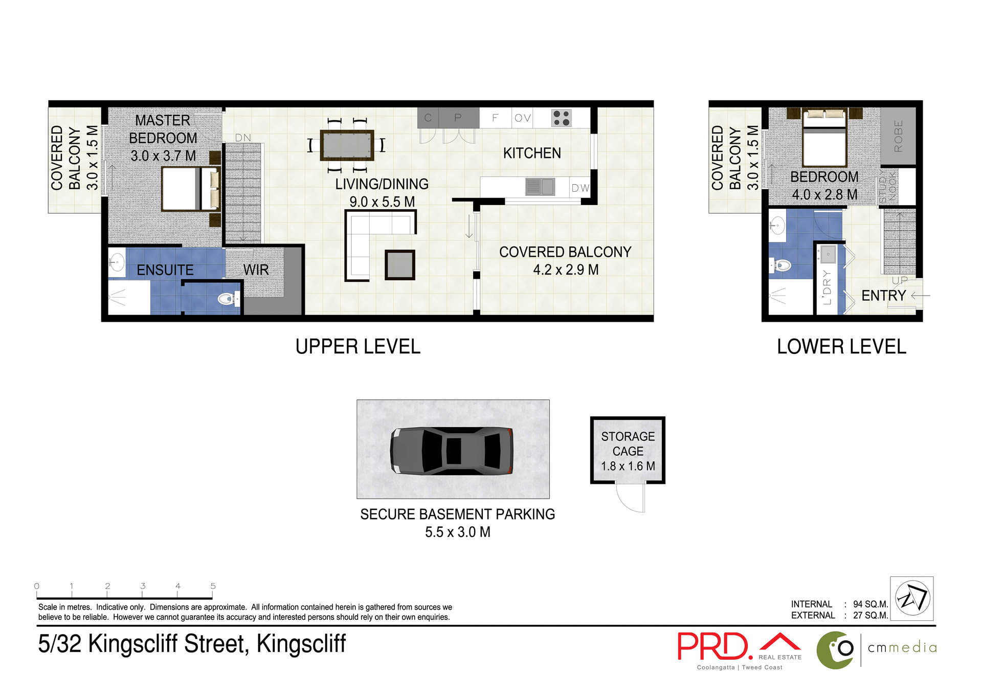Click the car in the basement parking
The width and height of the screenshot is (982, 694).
[x=452, y=451]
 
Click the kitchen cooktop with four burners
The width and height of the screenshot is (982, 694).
[x=561, y=118]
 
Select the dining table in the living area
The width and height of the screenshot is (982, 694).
[x=347, y=145]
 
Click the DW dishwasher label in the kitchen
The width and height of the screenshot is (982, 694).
[x=580, y=188]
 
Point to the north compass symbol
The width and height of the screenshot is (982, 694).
[x=912, y=598]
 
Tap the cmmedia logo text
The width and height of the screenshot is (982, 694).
[x=902, y=648]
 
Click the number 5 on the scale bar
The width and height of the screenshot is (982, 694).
[x=213, y=586]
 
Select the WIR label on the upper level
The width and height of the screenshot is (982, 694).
[x=256, y=270]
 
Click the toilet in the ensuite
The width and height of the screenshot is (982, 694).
[x=228, y=298]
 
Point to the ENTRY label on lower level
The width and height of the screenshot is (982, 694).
[x=883, y=296]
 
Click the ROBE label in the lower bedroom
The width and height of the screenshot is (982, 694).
[x=898, y=136]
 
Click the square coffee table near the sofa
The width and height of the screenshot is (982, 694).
[x=399, y=265]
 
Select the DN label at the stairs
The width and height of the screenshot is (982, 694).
[x=243, y=138]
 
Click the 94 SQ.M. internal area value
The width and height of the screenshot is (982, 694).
[x=870, y=604]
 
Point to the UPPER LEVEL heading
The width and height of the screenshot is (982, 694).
[x=358, y=347]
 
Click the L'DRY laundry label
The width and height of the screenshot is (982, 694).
[x=827, y=287]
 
